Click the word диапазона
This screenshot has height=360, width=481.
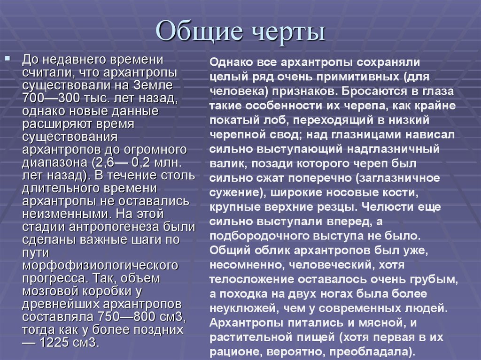coord(58,162)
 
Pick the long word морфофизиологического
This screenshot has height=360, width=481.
coord(100,265)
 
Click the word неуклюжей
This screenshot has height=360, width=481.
coord(235,309)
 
